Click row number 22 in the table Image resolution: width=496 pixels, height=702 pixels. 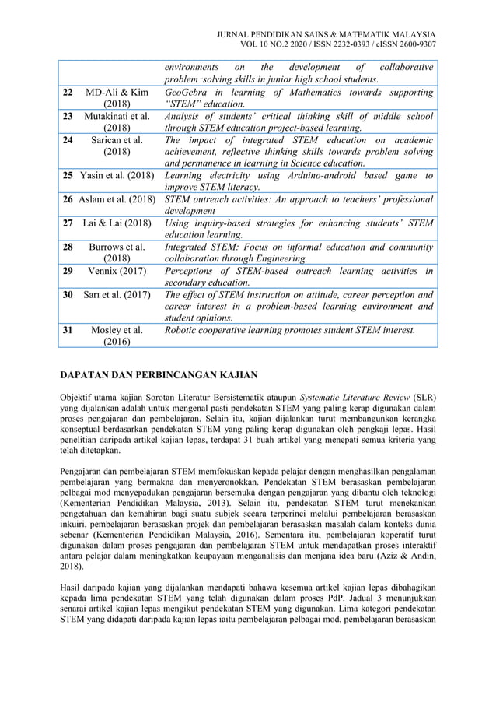tap(68, 93)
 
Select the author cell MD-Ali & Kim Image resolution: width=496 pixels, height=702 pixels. tap(117, 99)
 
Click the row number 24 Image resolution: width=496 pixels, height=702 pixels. tap(68, 140)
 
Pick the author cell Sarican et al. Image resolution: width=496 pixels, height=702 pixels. tap(117, 146)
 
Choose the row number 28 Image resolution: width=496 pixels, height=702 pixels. tap(68, 247)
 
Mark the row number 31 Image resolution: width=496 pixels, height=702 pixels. tap(68, 330)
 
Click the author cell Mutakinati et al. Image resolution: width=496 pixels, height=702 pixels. tap(117, 122)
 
